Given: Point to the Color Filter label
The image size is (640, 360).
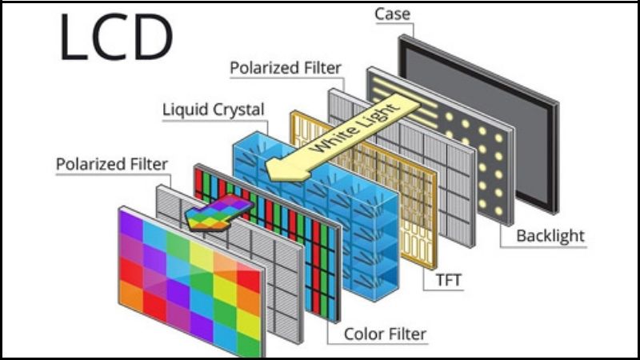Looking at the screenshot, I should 385,333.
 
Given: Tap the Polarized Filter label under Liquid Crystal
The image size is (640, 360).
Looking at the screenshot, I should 112,164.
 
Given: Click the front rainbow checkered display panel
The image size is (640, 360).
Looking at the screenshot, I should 188,276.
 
